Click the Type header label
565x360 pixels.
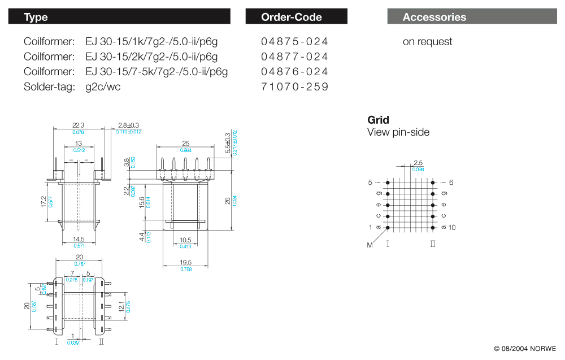tap(36, 17)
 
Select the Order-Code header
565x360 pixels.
tap(291, 17)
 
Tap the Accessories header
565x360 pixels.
tap(434, 17)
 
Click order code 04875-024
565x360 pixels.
tap(294, 41)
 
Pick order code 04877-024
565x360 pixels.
tap(294, 57)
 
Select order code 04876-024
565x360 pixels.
tap(294, 72)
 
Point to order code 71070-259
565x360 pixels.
tap(294, 87)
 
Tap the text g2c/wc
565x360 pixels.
tap(103, 87)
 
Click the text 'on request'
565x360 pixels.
tap(427, 41)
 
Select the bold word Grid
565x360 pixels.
tap(378, 120)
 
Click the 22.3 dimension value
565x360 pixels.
tap(78, 125)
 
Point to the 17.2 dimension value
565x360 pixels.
tap(44, 202)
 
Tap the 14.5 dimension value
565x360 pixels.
tap(78, 240)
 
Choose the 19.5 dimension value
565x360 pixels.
tap(185, 263)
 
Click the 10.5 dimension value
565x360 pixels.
tap(185, 240)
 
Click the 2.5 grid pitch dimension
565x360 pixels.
tap(418, 163)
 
